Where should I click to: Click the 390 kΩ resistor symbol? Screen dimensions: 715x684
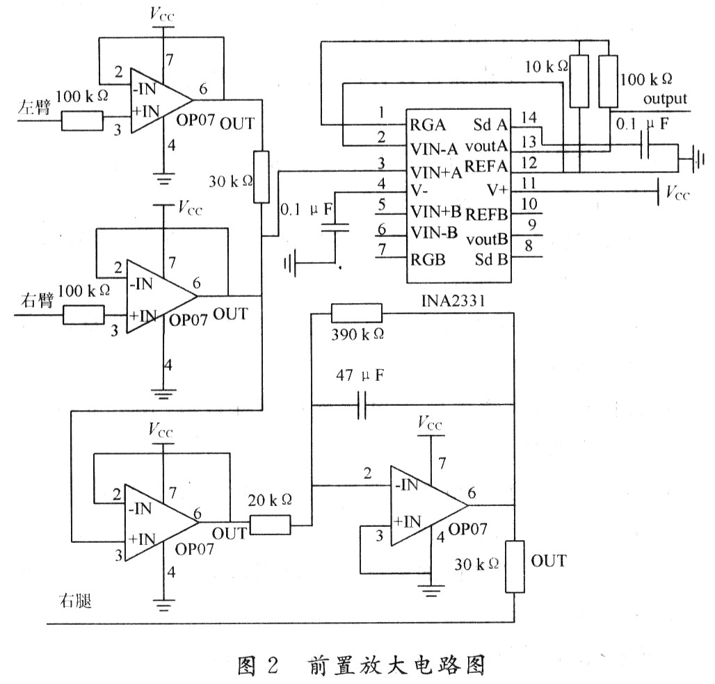coord(357,313)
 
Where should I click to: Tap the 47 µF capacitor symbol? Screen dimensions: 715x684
coord(362,405)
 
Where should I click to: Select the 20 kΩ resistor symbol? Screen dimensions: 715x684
coord(271,525)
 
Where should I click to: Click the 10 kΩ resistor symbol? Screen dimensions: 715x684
coord(579,81)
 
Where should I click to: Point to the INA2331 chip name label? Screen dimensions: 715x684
coord(453,301)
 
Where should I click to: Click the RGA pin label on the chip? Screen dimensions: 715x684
coord(428,125)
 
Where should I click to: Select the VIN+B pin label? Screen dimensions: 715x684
coord(436,211)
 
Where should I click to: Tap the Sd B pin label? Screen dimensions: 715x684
coord(491,259)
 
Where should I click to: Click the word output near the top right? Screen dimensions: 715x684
coord(665,99)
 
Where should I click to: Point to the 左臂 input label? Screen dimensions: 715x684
coord(34,107)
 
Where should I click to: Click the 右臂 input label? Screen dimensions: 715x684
coord(38,301)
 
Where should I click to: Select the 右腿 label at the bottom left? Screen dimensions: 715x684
coord(76,601)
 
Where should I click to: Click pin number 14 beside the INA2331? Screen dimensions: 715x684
coord(529,117)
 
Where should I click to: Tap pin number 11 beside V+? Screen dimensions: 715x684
coord(529,184)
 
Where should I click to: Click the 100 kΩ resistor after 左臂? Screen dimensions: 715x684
coord(82,122)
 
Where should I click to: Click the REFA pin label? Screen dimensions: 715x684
coord(486,167)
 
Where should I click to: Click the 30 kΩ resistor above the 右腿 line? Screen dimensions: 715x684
coord(515,567)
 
